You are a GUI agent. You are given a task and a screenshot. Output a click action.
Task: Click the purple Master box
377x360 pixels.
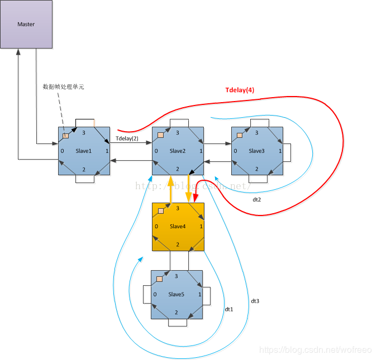[x=26, y=24]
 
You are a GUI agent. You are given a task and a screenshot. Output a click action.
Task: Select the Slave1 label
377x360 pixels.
[x=83, y=151]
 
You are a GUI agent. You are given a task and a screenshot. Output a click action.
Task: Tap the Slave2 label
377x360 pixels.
[x=178, y=151]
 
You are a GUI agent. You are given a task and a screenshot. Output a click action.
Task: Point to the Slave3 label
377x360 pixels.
[x=256, y=151]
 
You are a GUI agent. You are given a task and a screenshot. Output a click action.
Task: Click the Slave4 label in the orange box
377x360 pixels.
[x=178, y=226]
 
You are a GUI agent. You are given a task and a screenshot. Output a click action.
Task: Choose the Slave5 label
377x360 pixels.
[x=176, y=294]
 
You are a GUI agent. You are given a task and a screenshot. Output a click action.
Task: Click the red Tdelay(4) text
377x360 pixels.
[x=240, y=90]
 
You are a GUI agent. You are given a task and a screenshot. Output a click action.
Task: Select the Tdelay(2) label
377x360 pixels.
[x=127, y=138]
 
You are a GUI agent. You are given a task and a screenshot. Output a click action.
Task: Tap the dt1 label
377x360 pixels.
[x=228, y=309]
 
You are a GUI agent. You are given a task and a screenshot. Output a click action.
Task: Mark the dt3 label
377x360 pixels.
[x=255, y=301]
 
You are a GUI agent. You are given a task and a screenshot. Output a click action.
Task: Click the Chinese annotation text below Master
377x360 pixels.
[x=63, y=87]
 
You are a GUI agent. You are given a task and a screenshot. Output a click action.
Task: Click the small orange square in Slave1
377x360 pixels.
[x=65, y=136]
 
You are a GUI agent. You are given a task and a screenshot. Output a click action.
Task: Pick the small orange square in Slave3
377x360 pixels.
[x=240, y=135]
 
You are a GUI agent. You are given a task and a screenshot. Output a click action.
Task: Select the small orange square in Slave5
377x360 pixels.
[x=160, y=279]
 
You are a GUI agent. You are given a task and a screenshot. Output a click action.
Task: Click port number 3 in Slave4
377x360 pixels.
[x=177, y=208]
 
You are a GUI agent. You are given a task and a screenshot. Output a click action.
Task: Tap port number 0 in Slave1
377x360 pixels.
[x=63, y=151]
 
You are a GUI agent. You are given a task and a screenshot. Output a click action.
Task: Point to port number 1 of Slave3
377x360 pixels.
[x=280, y=151]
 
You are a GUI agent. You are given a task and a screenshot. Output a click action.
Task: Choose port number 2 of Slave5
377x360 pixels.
[x=176, y=312]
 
